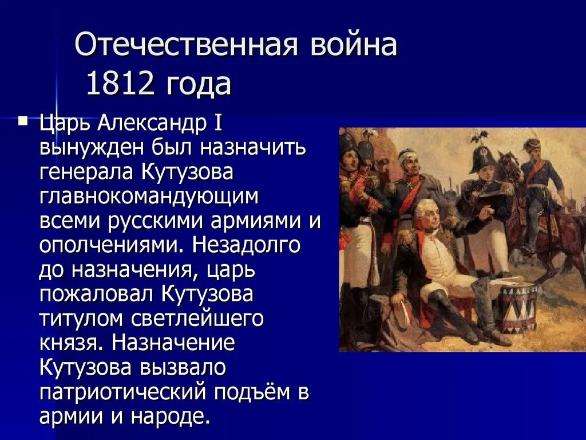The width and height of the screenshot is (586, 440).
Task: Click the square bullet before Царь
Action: (x=22, y=121)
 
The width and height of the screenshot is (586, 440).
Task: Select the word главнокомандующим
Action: (x=149, y=196)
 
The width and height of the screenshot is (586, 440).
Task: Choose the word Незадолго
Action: (x=246, y=245)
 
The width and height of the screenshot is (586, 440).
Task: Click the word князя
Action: (x=71, y=343)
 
